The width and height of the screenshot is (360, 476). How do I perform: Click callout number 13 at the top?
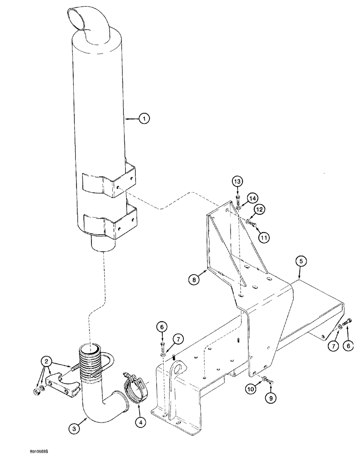click(x=238, y=181)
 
